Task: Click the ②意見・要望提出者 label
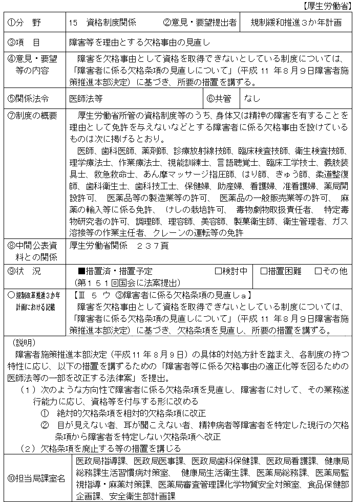click(199, 23)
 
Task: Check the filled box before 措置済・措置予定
click(81, 271)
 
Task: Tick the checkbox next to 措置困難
click(264, 271)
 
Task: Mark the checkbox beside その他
click(318, 271)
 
